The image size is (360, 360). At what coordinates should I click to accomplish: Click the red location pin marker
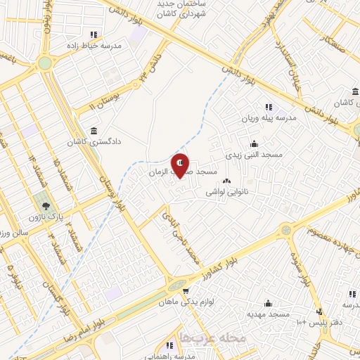tap(181, 165)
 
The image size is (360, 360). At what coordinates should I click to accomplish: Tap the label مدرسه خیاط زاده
tap(94, 45)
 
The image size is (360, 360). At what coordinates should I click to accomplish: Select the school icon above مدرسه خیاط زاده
tap(94, 34)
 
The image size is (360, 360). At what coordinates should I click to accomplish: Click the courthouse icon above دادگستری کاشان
tap(94, 131)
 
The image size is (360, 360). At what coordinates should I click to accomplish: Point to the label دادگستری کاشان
tap(94, 141)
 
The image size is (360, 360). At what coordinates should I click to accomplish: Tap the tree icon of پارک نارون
tap(46, 207)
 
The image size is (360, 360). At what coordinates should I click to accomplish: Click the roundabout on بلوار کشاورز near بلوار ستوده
tap(285, 230)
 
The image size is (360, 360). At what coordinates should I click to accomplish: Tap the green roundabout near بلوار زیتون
tap(45, 62)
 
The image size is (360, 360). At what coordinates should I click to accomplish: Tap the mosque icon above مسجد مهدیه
tap(267, 304)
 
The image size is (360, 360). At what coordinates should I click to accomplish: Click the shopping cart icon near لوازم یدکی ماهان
tap(186, 292)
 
